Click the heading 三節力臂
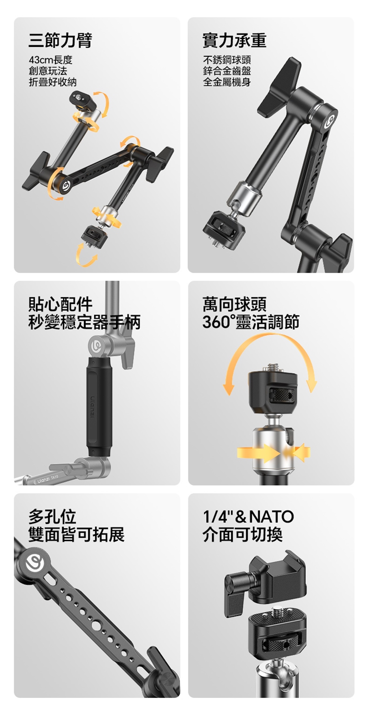pos(60,40)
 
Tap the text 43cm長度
pos(51,60)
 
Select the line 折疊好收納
pos(53,82)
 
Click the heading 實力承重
pos(235,40)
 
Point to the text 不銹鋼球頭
pos(227,60)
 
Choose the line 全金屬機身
pos(227,82)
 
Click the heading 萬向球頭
pos(235,304)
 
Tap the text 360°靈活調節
pos(251,322)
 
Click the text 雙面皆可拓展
pos(76,534)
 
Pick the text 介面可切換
pos(242,534)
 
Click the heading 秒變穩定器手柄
pos(84,322)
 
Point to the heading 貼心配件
pos(60,304)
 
